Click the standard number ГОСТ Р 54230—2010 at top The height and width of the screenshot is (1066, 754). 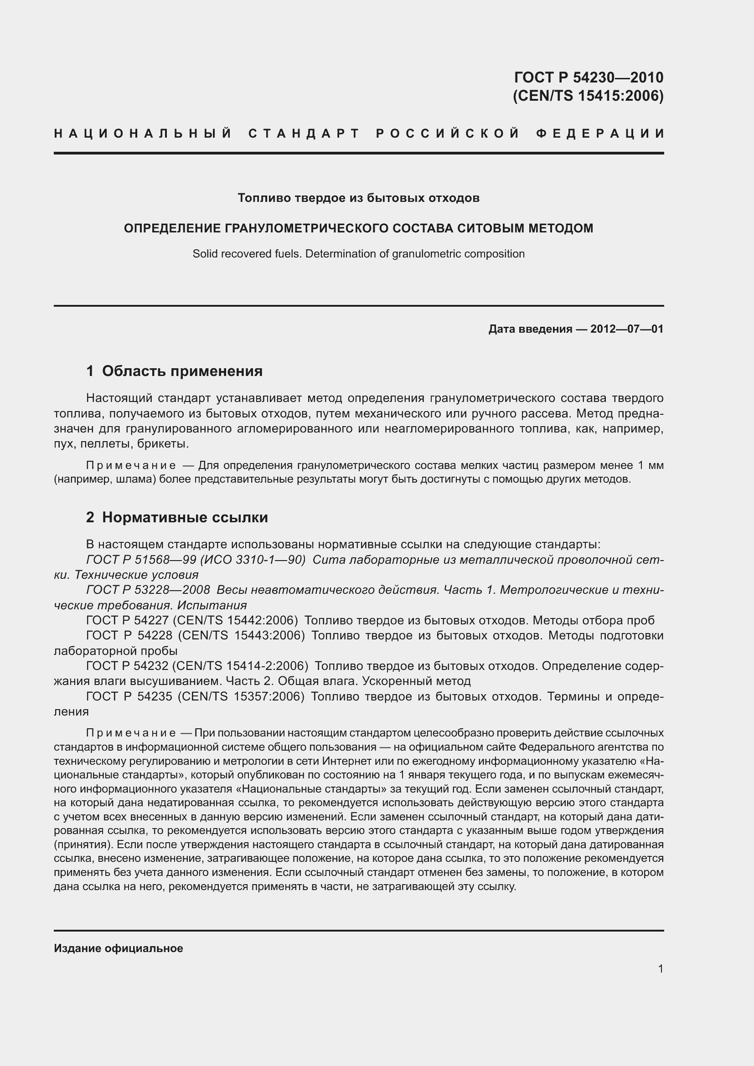pos(588,77)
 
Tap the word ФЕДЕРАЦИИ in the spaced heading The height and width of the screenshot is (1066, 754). pos(600,134)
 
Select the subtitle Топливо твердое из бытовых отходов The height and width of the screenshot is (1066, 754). pos(358,198)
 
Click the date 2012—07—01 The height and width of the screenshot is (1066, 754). pos(626,329)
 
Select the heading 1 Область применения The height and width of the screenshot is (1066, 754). pos(174,371)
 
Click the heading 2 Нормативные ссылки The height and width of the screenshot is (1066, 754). pos(177,517)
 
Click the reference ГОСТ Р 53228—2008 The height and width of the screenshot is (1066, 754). pos(148,590)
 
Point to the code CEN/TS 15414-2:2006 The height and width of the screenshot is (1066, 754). pos(240,666)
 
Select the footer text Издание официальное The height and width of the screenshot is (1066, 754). pos(119,948)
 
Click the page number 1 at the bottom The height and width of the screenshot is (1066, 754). pos(660,968)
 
